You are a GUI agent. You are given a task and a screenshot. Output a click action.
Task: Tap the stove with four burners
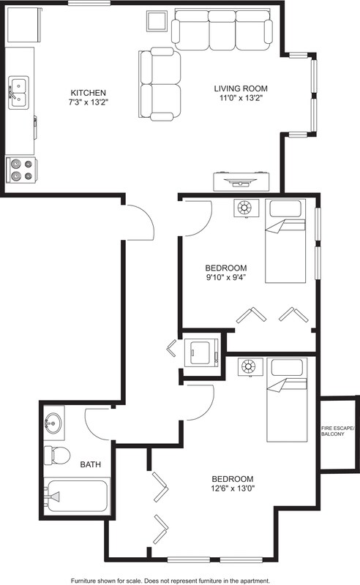(21, 170)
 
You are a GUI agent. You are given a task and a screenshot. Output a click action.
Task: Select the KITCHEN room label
(89, 93)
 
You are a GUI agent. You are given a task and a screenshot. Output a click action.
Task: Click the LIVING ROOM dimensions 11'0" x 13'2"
(241, 98)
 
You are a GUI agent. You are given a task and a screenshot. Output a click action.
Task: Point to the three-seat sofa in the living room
(222, 30)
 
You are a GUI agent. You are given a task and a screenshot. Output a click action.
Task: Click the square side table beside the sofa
(157, 21)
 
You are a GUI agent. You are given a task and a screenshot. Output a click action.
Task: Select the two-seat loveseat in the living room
(160, 84)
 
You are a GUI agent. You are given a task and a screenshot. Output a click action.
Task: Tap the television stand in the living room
(241, 181)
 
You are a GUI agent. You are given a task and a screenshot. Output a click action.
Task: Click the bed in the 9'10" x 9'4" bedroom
(285, 241)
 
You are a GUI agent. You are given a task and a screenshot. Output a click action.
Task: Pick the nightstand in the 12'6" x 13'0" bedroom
(250, 367)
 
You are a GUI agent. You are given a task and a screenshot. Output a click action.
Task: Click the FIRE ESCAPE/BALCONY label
(337, 431)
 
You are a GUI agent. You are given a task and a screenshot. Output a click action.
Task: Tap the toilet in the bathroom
(57, 455)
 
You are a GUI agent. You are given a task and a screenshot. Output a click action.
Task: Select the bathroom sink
(54, 423)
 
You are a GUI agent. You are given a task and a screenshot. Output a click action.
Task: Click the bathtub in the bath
(77, 497)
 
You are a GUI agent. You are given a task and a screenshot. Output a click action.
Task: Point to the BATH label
(91, 464)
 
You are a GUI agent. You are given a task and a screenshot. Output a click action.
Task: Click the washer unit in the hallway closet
(202, 352)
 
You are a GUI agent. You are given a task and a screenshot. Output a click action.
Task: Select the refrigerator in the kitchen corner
(24, 26)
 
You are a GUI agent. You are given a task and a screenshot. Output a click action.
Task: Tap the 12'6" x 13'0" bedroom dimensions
(233, 488)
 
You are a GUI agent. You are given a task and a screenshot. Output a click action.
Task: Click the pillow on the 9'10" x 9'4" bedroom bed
(285, 209)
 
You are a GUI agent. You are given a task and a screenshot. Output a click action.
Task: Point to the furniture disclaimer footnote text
(170, 581)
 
